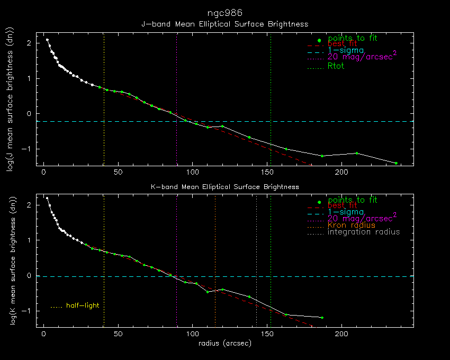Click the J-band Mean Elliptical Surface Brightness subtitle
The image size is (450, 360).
224,24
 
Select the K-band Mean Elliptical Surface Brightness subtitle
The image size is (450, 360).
224,187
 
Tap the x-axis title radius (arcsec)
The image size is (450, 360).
224,344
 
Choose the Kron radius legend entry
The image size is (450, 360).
351,225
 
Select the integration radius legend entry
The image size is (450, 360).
364,232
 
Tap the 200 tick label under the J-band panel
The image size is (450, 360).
341,173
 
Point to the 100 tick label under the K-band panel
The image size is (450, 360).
193,335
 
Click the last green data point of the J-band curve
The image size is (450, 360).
396,163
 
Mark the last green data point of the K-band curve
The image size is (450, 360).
322,318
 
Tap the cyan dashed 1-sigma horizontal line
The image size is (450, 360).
318,276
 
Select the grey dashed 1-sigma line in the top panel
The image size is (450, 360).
318,121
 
